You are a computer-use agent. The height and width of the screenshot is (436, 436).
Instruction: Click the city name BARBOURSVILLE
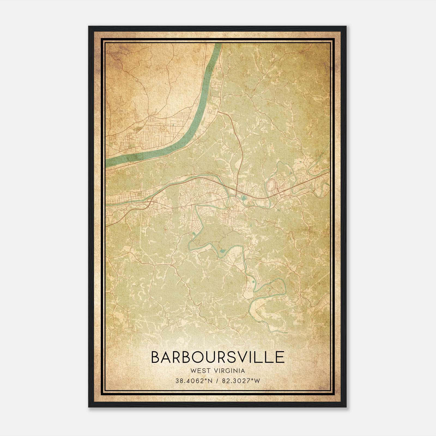(218, 357)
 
